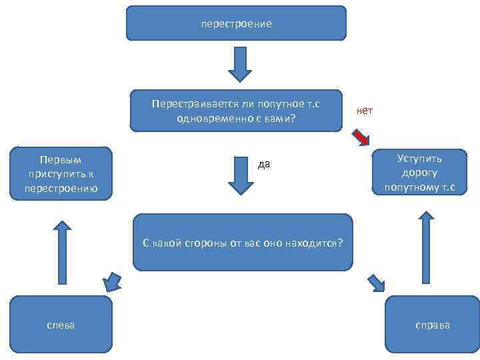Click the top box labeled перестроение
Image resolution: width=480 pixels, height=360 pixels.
pos(237,23)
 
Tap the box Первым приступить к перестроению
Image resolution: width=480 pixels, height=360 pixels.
pos(60,173)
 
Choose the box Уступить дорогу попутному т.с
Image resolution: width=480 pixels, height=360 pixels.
pos(419,173)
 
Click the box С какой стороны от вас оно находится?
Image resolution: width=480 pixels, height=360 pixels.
pos(243,241)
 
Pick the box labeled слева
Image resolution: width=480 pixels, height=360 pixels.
pos(60,324)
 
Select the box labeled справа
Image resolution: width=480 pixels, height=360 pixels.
pos(432,325)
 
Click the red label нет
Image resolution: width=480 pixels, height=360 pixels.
pos(365,111)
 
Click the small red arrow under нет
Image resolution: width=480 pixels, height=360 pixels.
pos(361,137)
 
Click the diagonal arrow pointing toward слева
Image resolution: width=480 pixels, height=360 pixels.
pos(112,281)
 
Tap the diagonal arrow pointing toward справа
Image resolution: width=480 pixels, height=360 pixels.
pos(376,283)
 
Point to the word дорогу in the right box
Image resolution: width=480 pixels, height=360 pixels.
pos(419,173)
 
